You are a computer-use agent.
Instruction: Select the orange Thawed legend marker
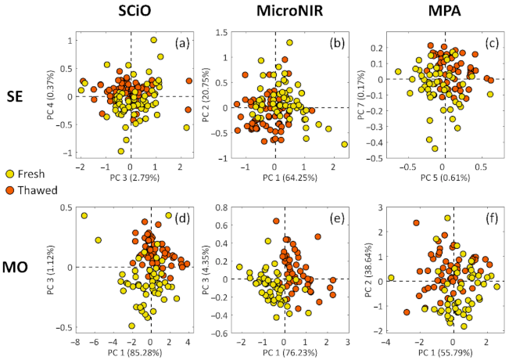9,189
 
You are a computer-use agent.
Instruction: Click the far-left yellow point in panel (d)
84,215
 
